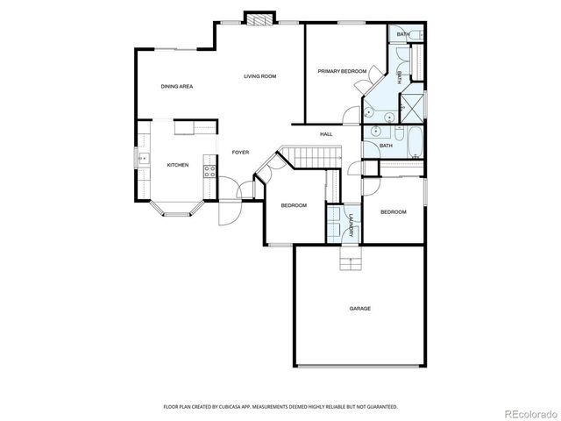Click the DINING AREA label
(x=176, y=86)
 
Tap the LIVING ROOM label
(x=259, y=76)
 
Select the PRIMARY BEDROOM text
(x=342, y=70)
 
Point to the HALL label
(x=325, y=134)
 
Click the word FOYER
(x=240, y=153)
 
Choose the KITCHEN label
(x=178, y=165)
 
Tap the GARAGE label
(x=359, y=308)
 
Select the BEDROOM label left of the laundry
(x=294, y=205)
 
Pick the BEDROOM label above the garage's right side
(x=393, y=211)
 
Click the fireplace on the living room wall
(x=259, y=18)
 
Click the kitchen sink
(x=145, y=159)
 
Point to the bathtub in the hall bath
(x=411, y=141)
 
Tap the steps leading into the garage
(x=350, y=260)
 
